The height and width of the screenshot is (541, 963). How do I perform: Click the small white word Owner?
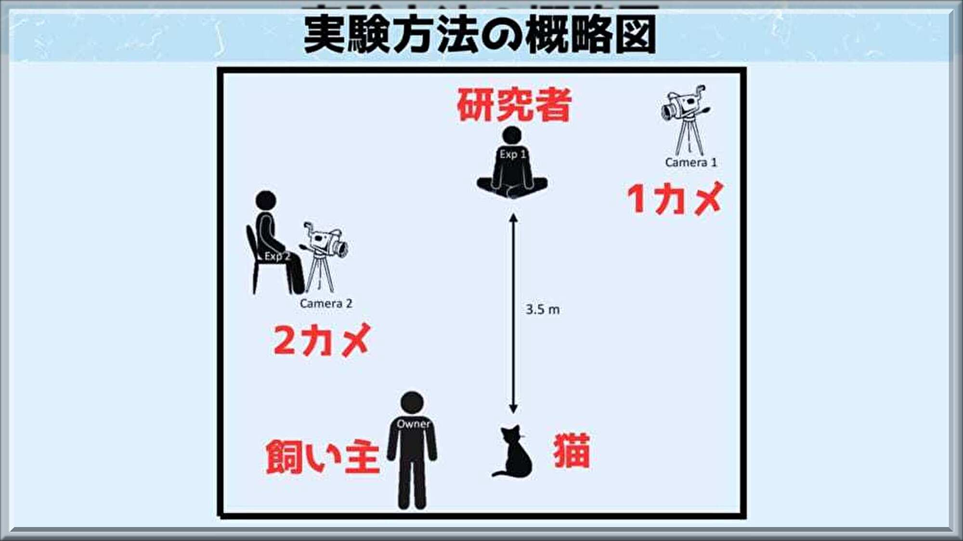coord(413,424)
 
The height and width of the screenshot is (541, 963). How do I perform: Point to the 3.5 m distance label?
coord(542,309)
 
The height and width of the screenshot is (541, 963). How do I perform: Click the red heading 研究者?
coord(513,105)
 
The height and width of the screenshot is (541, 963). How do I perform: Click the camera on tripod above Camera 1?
coord(686,118)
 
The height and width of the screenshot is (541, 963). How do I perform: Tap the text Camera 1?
coord(690,163)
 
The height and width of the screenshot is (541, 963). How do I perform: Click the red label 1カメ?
coord(675,198)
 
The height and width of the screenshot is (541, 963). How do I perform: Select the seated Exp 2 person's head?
coord(266,200)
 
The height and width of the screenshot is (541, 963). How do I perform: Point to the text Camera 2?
coord(325,304)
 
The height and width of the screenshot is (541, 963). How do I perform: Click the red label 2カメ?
coord(322,340)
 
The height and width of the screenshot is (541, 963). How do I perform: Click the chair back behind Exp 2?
coord(251,245)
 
